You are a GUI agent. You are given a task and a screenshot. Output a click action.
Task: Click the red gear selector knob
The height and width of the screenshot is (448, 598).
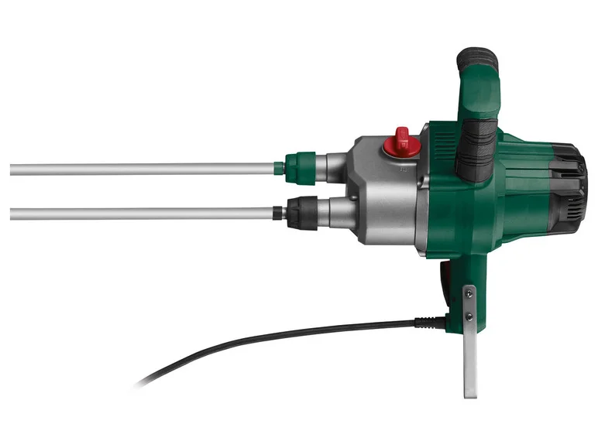coord(401,140)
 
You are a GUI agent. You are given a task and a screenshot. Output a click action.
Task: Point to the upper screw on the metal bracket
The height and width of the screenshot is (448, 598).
coord(469,292)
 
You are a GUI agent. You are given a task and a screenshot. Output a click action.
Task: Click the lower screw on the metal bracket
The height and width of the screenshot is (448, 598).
coord(469,316)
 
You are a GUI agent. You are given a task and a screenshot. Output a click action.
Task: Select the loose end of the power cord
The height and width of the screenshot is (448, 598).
coord(144,382)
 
